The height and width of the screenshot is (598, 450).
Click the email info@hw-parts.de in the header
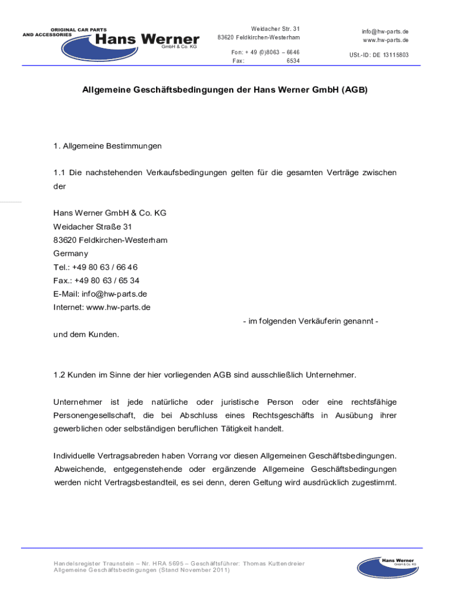click(385, 31)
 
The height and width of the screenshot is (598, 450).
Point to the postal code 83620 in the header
click(226, 38)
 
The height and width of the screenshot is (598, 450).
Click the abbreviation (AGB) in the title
click(355, 91)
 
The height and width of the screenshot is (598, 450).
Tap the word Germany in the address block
click(71, 253)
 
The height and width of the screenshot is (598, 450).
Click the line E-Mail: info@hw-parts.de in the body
click(100, 294)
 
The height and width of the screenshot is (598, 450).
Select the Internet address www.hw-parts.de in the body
click(118, 307)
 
